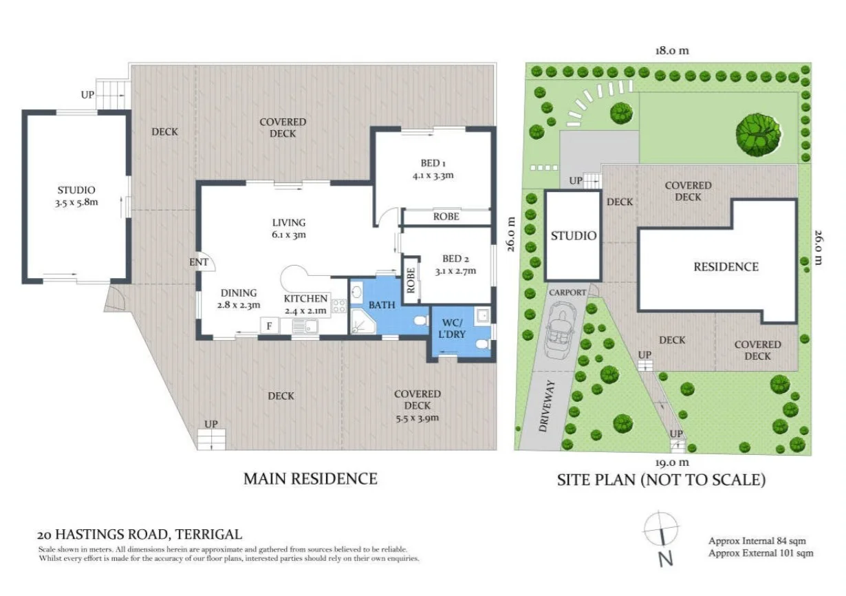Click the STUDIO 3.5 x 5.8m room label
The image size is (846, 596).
(76, 195)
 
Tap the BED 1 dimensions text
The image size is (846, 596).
(433, 175)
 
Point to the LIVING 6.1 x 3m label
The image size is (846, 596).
(288, 228)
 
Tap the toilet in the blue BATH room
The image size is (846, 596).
(419, 321)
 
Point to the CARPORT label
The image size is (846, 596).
(567, 292)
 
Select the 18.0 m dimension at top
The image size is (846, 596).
(671, 50)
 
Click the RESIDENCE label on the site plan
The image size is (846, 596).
(726, 267)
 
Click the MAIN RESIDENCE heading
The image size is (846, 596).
(310, 478)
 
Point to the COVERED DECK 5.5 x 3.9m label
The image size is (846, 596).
(417, 405)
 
